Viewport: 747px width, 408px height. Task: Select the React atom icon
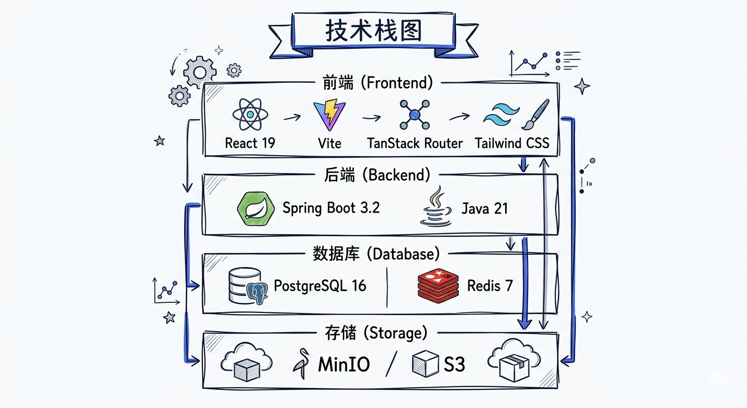(x=250, y=115)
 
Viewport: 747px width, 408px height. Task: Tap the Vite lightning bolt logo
(x=329, y=116)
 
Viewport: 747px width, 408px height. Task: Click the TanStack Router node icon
(x=415, y=115)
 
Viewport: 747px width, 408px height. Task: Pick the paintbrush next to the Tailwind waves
(x=535, y=115)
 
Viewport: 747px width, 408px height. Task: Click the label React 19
(x=250, y=143)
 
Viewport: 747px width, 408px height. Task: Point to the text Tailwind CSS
(x=512, y=143)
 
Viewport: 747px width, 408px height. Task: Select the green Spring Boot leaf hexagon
(x=256, y=208)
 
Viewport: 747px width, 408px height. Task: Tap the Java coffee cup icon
(x=436, y=207)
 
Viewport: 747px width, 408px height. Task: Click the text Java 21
(x=484, y=208)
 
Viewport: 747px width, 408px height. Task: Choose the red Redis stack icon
(x=438, y=286)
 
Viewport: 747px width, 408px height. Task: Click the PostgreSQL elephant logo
(x=257, y=292)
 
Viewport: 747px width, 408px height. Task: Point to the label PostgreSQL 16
(x=320, y=286)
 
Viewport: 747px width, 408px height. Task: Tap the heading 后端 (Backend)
(x=377, y=175)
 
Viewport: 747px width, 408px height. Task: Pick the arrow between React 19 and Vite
(x=292, y=116)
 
